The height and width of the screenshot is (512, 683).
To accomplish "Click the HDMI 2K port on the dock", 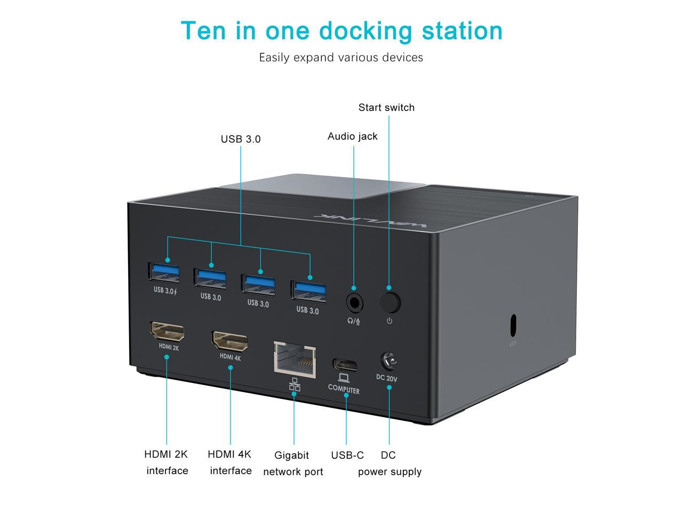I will [168, 331].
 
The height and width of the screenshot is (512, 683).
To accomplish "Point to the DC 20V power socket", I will [389, 363].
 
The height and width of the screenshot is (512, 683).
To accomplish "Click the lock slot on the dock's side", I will [513, 323].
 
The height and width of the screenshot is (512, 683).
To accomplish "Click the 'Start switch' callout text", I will [386, 108].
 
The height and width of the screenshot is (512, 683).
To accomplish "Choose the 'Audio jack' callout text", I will [352, 137].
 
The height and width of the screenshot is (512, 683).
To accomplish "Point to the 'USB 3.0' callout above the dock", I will [241, 139].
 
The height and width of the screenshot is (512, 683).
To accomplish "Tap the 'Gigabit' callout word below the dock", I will [292, 455].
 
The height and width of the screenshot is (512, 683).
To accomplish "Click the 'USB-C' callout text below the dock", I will [347, 455].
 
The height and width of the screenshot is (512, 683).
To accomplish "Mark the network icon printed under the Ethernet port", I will [295, 385].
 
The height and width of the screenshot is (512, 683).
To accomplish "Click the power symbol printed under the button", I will [390, 321].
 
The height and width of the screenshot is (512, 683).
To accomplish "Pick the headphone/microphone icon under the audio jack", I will [354, 322].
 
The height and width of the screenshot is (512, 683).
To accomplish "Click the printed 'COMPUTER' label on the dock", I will [344, 389].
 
